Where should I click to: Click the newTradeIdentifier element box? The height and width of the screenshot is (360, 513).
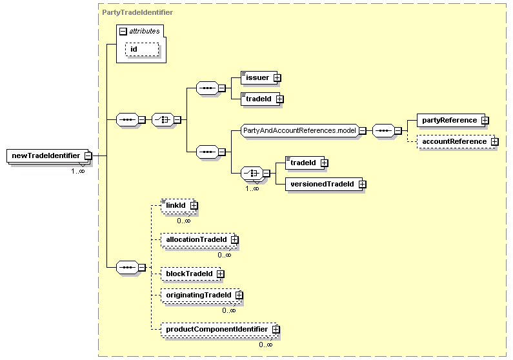[x=48, y=155]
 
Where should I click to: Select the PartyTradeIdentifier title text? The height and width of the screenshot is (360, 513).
[x=137, y=12]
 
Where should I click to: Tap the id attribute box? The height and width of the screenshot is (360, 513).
[x=142, y=50]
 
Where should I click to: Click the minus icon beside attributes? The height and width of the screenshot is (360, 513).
[x=123, y=32]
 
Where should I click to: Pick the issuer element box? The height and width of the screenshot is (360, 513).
[x=259, y=78]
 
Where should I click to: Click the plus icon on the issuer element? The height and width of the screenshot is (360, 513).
[x=277, y=78]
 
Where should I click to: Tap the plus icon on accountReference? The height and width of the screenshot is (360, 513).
[x=495, y=141]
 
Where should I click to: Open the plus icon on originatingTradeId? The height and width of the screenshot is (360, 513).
[x=239, y=295]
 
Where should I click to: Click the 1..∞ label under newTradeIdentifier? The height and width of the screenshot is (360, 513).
[x=78, y=171]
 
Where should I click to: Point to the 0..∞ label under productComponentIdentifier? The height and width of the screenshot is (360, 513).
[x=266, y=345]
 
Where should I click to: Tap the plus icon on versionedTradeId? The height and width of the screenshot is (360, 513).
[x=362, y=185]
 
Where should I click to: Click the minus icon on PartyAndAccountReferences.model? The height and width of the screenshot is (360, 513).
[x=363, y=131]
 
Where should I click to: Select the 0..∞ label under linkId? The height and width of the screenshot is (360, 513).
[x=183, y=221]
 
